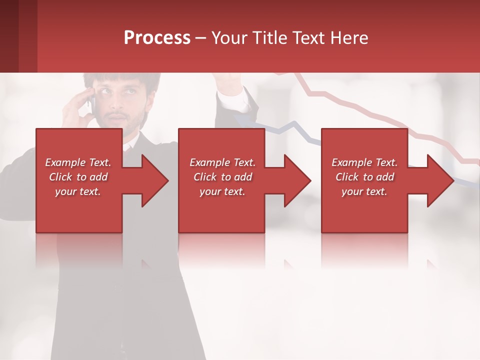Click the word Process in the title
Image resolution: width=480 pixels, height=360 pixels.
(x=157, y=38)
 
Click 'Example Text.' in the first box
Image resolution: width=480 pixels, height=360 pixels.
(x=78, y=162)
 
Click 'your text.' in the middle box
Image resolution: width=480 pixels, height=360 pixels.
(x=222, y=191)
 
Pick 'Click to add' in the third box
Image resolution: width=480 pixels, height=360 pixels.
(x=364, y=177)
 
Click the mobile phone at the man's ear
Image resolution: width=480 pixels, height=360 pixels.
(x=92, y=102)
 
